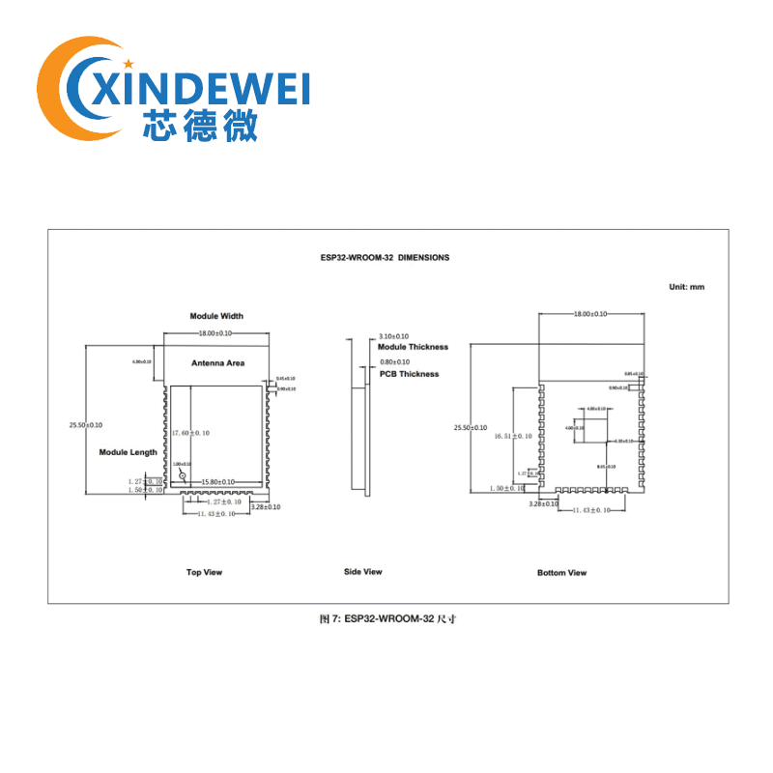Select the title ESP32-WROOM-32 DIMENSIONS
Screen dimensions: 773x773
[x=385, y=258]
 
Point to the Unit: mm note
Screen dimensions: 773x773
[x=687, y=287]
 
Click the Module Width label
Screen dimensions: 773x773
[x=216, y=316]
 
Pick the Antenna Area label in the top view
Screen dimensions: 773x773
[x=217, y=363]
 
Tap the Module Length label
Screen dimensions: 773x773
[x=128, y=452]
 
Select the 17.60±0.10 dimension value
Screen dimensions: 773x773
[x=190, y=433]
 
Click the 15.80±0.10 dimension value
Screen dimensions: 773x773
[x=218, y=481]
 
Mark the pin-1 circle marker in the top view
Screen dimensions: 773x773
[x=180, y=477]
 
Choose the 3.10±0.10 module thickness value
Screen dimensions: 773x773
[x=393, y=335]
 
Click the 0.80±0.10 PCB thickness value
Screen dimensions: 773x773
[x=393, y=362]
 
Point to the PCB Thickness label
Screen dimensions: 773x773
[x=409, y=374]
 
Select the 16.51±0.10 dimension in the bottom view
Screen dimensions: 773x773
[x=513, y=437]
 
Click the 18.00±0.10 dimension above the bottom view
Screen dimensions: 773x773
[x=590, y=314]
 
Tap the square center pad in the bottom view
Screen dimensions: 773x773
[x=591, y=424]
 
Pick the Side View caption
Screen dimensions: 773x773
[x=362, y=572]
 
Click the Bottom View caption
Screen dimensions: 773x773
[x=561, y=573]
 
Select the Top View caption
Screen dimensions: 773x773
[x=204, y=572]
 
